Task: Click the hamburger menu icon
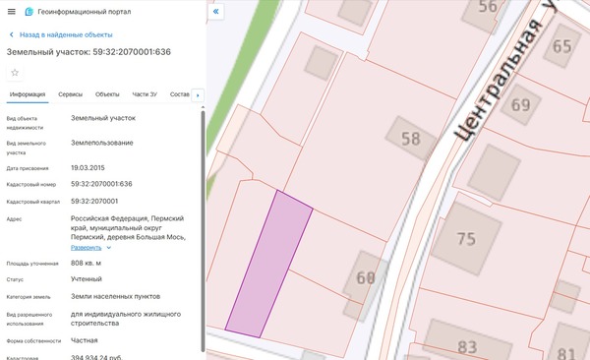[12, 12]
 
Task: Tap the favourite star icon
[14, 73]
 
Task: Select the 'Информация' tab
[28, 94]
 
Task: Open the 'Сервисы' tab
[70, 94]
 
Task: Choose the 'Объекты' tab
[107, 94]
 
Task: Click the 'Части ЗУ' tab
[145, 94]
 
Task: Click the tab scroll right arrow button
[198, 94]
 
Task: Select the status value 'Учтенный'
[87, 279]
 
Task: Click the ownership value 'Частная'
[85, 340]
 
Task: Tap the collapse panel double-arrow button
[217, 12]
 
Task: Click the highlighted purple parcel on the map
[268, 264]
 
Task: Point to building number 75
[466, 238]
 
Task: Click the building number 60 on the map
[366, 278]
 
